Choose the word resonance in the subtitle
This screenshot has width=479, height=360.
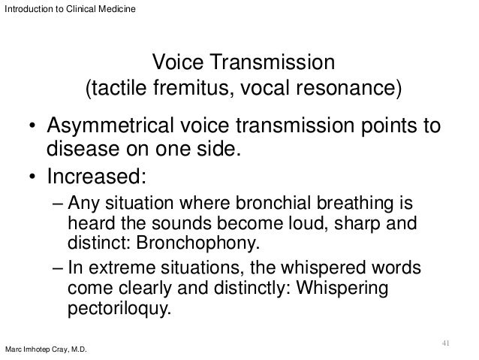point(352,90)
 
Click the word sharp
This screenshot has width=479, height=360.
point(341,225)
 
